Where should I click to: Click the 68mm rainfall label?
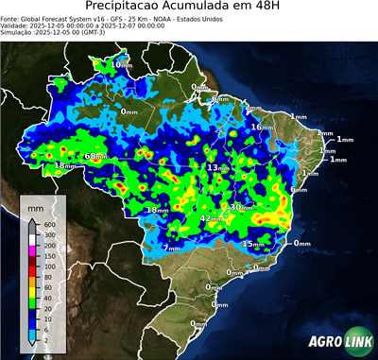[95, 156]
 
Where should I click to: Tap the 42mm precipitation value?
[212, 219]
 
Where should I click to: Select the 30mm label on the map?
[243, 207]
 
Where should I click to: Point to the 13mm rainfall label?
[217, 167]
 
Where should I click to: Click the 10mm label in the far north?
[122, 64]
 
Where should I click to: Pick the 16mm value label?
[260, 126]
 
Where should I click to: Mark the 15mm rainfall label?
[252, 244]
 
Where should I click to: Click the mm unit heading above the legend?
[34, 206]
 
